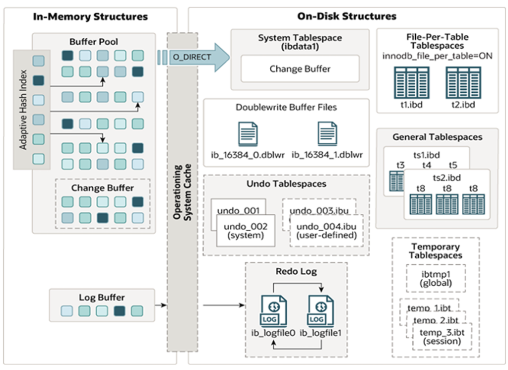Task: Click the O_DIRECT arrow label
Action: click(x=191, y=57)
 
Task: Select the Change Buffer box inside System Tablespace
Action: click(x=300, y=69)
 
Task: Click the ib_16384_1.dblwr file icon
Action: click(x=327, y=134)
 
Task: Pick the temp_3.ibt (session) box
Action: click(x=440, y=337)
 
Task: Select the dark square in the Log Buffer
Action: click(x=119, y=311)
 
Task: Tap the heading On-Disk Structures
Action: click(x=347, y=16)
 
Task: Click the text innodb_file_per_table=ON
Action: click(x=437, y=56)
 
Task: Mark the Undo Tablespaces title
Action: click(x=286, y=184)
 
